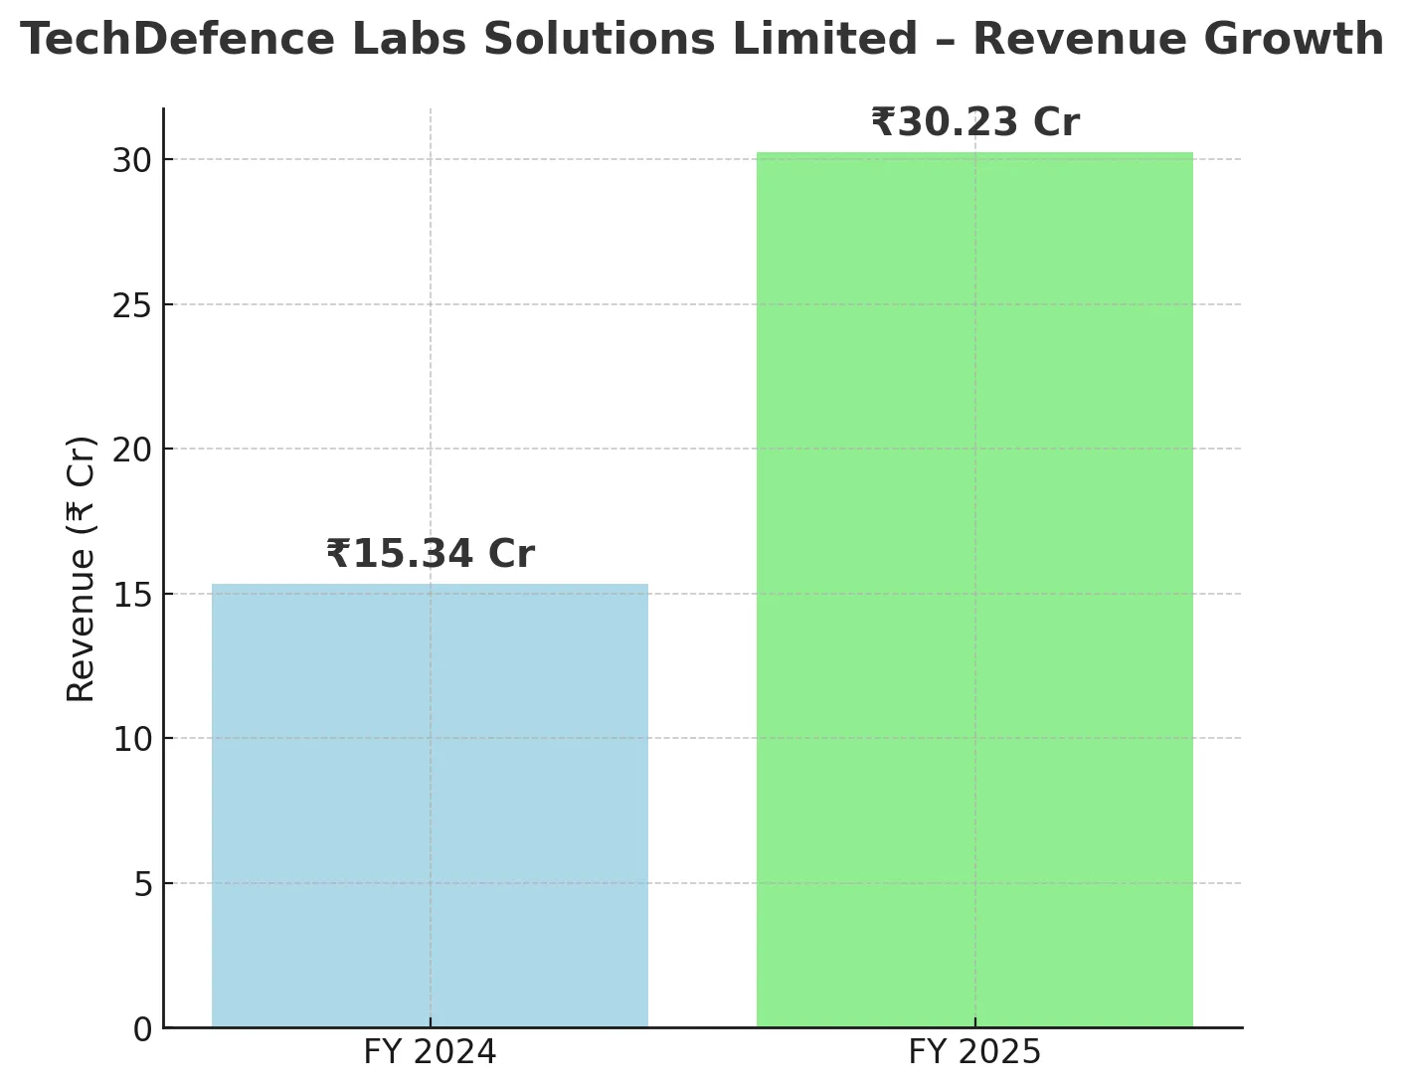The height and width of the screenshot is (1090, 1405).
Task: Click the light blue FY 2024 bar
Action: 430,806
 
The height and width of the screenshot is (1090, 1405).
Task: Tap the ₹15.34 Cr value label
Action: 430,554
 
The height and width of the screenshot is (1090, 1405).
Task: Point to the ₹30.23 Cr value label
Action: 974,122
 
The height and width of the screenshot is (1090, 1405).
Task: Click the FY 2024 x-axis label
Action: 430,1052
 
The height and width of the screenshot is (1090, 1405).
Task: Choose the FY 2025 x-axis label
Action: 974,1052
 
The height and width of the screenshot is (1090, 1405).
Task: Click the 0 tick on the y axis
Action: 143,1029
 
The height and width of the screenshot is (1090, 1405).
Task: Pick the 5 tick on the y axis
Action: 143,884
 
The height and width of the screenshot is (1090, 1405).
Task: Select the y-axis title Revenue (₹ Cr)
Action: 82,569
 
